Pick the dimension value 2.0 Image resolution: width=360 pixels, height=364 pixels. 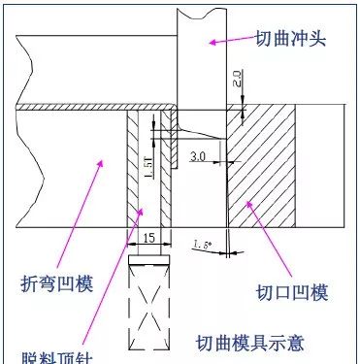coord(240,78)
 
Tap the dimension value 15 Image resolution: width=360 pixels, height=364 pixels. coord(148,236)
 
